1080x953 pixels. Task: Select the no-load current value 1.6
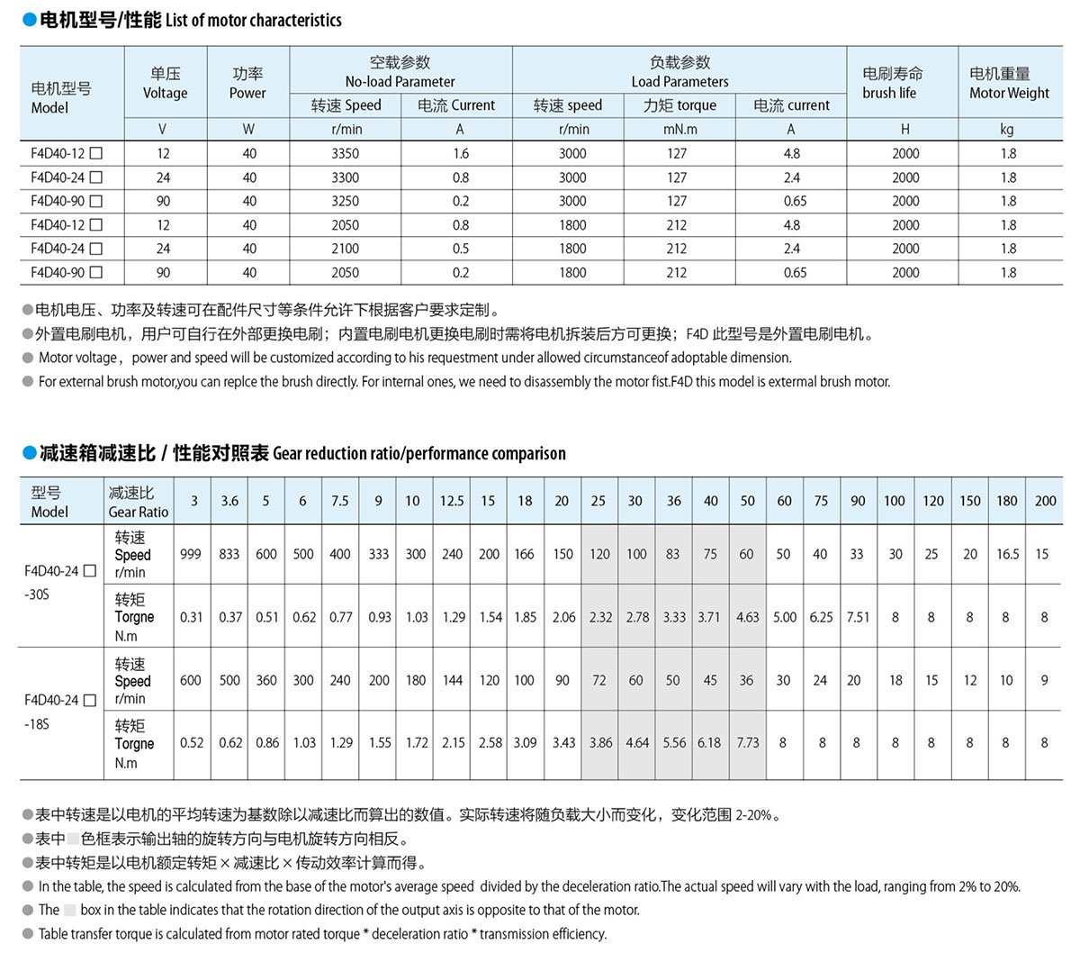point(460,154)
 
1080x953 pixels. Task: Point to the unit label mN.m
point(679,129)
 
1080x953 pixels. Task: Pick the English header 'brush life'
point(888,93)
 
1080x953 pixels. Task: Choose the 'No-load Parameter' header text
point(400,82)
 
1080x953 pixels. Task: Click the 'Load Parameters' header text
point(679,82)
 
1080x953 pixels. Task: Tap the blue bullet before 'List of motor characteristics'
point(29,20)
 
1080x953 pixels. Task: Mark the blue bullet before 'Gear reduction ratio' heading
point(29,453)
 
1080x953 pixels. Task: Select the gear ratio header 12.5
point(452,501)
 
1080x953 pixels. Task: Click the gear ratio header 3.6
point(229,501)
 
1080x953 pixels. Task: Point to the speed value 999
point(191,555)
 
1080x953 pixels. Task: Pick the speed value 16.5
point(1006,555)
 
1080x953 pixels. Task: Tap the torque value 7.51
point(858,618)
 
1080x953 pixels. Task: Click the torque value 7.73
point(747,743)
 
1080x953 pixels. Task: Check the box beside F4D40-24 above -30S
point(89,571)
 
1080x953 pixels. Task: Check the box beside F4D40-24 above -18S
point(89,700)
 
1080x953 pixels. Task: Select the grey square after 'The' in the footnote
point(70,910)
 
